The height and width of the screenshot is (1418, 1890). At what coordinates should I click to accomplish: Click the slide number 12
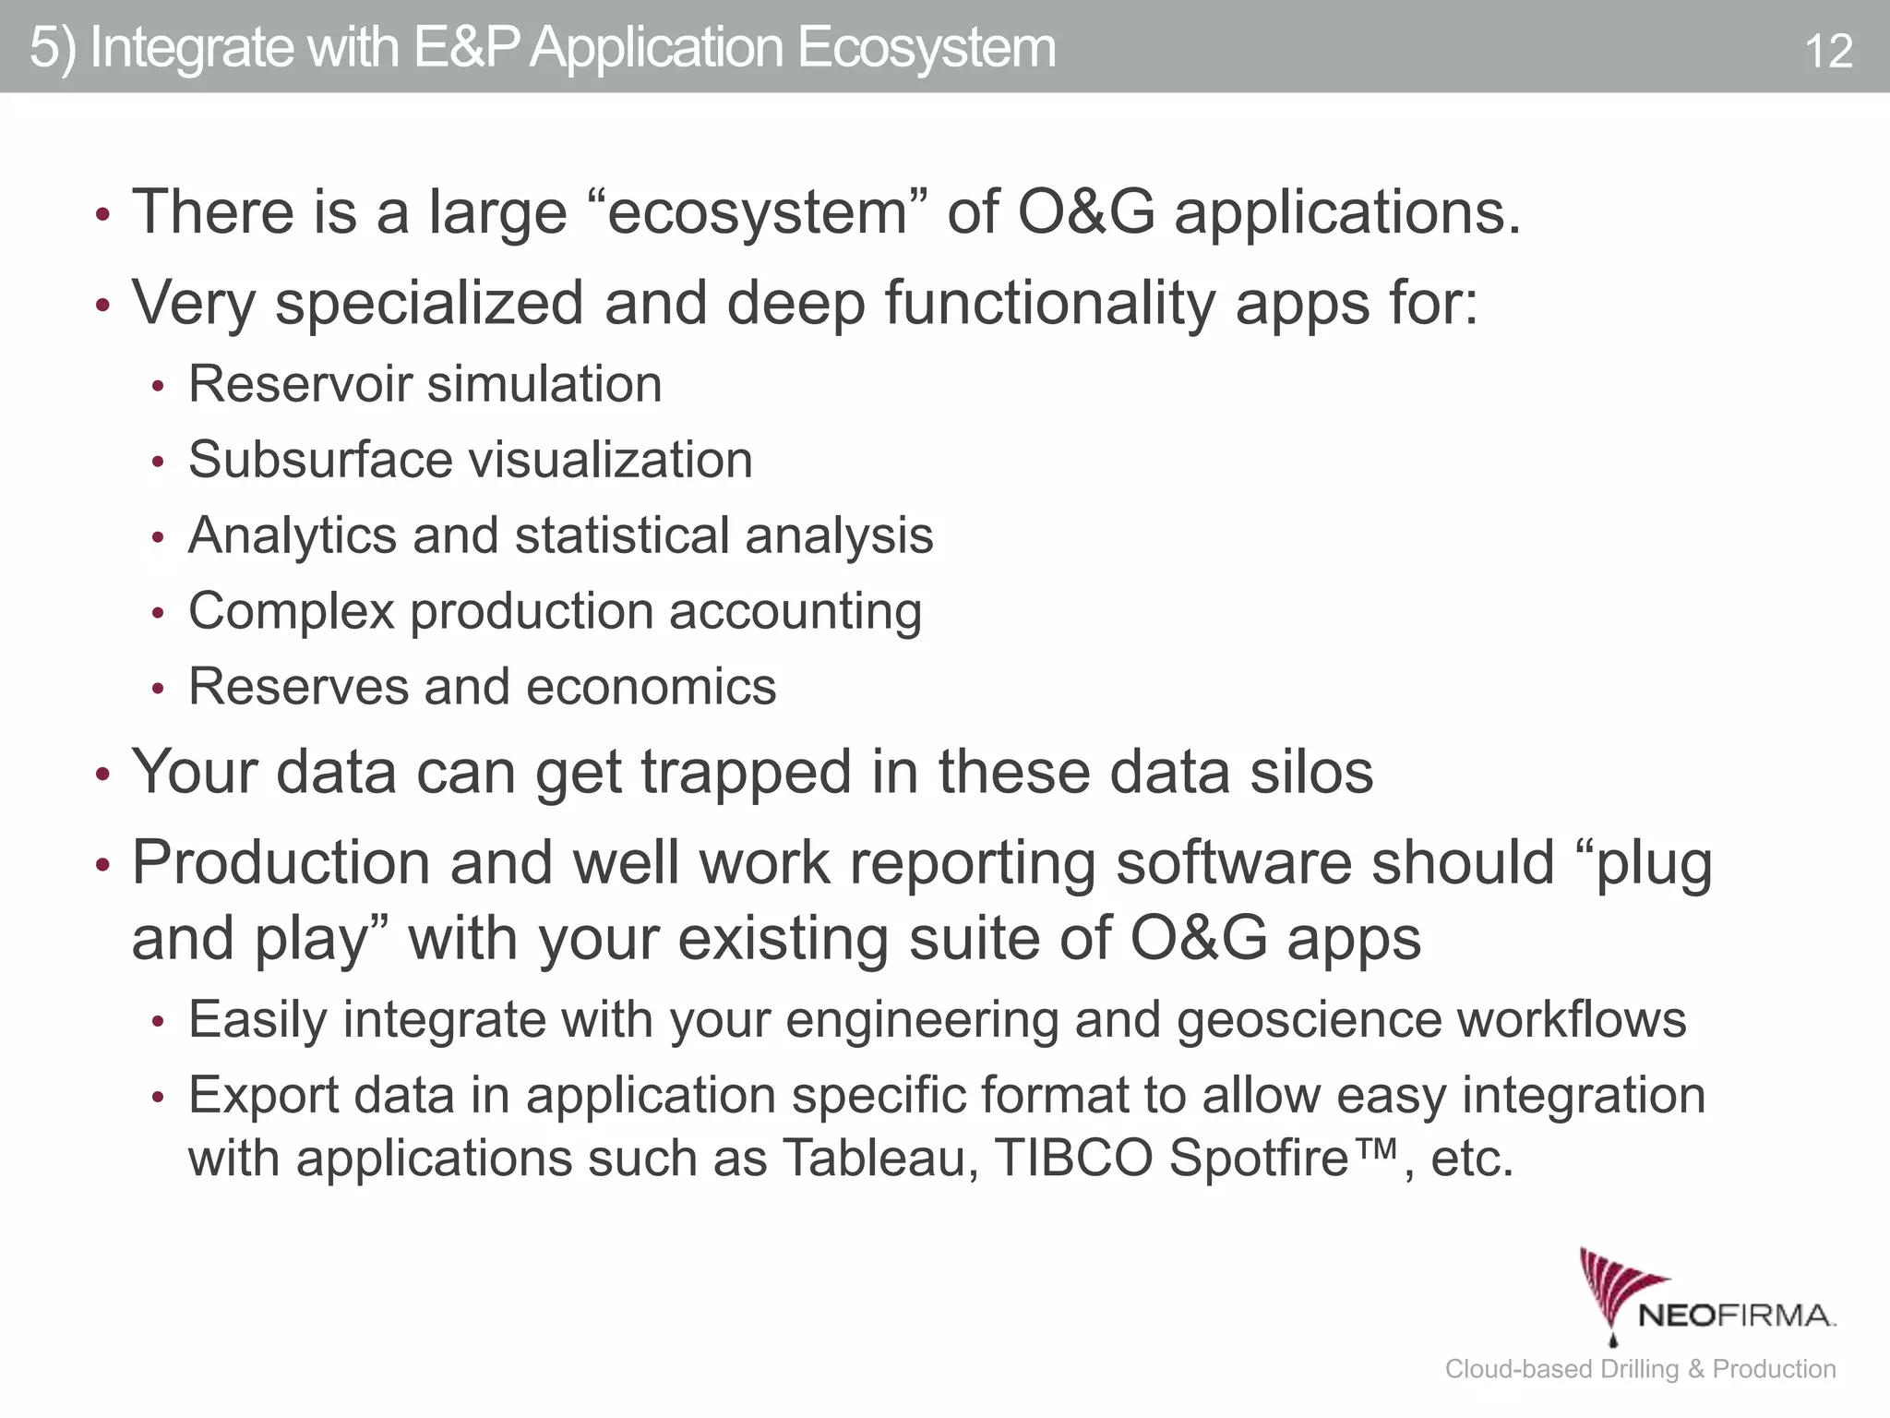tap(1827, 51)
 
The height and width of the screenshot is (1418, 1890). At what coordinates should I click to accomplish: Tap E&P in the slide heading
tap(467, 48)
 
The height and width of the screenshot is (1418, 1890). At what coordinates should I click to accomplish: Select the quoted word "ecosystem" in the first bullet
tap(758, 212)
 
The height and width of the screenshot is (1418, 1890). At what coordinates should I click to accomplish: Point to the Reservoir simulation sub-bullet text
tap(425, 384)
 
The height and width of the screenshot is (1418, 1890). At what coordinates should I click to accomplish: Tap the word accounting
tap(795, 612)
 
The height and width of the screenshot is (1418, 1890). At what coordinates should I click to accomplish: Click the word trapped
tap(746, 772)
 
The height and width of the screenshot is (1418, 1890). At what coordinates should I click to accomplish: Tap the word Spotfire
tap(1260, 1158)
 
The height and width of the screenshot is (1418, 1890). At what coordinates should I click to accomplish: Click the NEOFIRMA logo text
tap(1736, 1315)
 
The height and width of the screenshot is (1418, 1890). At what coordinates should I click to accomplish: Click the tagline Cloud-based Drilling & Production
tap(1640, 1368)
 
